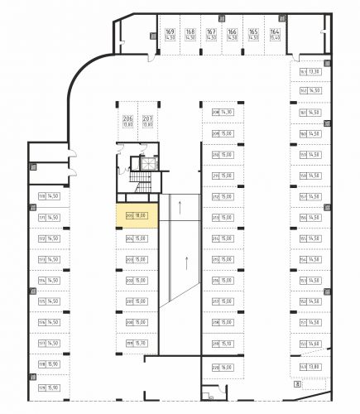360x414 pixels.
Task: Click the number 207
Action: tap(147, 120)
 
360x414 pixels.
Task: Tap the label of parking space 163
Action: tap(303, 71)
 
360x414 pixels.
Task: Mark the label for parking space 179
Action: tap(41, 387)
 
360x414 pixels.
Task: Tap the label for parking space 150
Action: tap(304, 343)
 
